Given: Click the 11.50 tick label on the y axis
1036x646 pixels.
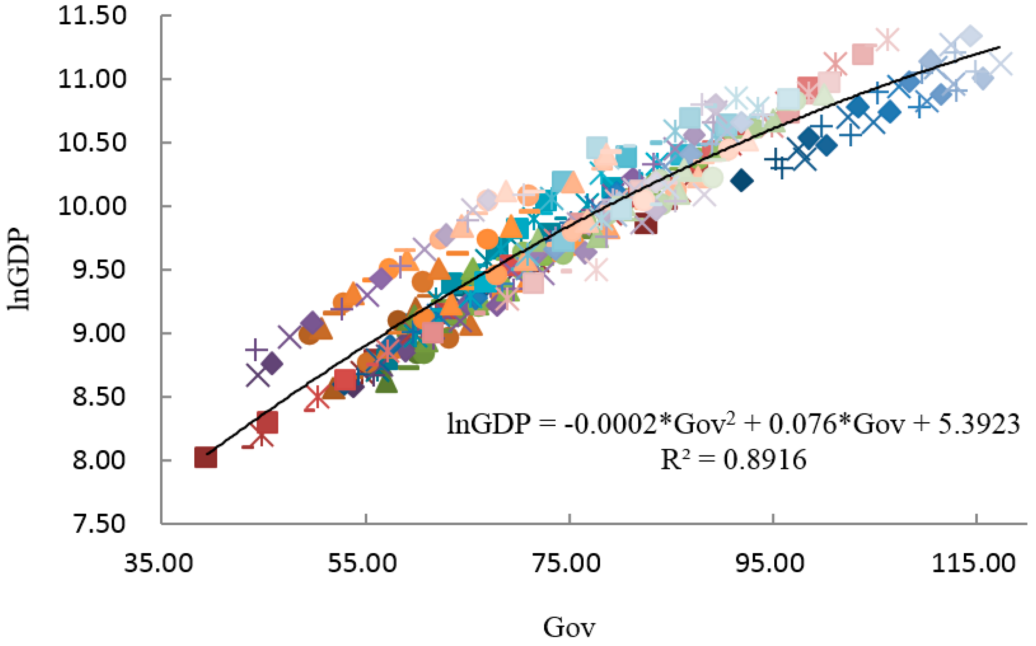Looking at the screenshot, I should tap(92, 16).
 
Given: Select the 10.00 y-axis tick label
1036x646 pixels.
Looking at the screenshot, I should tap(92, 207).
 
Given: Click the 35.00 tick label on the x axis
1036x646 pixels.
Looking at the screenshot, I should tap(158, 563).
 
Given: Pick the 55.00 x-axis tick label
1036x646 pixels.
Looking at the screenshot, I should tap(363, 563).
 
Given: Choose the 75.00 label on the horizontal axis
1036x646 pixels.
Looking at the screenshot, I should tap(566, 563).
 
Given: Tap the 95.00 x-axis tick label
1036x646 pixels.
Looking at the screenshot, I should tap(770, 563).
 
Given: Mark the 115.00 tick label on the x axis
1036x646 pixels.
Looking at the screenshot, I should tap(974, 563).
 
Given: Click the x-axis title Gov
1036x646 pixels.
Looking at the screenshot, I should tap(569, 628).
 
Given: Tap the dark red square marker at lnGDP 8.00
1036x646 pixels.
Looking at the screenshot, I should tap(205, 458).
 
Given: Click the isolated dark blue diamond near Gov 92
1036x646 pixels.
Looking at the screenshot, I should tap(742, 180).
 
